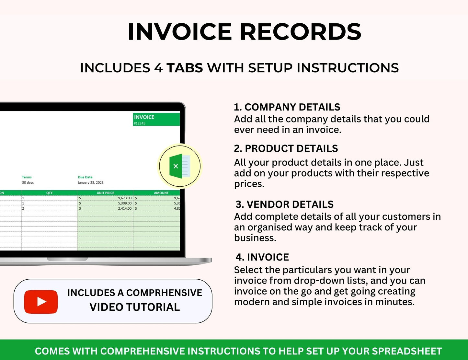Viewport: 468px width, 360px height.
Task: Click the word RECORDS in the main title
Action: pos(300,32)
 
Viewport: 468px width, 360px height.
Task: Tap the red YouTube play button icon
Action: pos(41,302)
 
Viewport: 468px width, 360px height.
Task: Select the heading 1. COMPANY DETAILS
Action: pos(287,107)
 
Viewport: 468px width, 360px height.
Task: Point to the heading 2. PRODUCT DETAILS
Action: pos(286,148)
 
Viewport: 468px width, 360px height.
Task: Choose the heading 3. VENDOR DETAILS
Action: pos(284,204)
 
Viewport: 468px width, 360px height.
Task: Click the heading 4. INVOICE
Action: pos(262,257)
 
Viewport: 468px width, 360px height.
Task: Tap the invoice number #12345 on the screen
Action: pos(140,123)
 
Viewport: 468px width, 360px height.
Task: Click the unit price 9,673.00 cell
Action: pos(125,198)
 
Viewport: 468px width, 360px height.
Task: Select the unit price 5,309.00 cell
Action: pos(125,203)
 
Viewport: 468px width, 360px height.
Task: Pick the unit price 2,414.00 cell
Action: pos(125,208)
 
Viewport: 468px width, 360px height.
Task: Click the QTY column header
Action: pos(49,193)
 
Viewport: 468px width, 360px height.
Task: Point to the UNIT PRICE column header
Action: pos(105,193)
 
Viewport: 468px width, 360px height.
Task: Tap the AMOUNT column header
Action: pos(161,193)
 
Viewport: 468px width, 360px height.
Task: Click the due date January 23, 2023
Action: pos(91,182)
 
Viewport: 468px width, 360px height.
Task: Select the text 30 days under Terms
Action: pos(28,182)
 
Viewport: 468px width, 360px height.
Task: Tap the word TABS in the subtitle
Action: pos(185,68)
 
